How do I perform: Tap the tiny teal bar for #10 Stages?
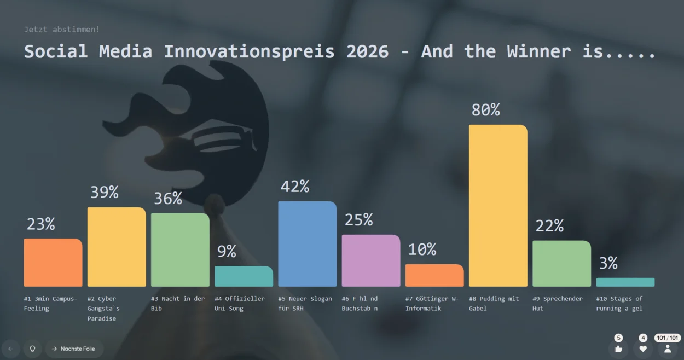(x=625, y=282)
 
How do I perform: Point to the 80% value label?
(x=485, y=110)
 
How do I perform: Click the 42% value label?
(x=295, y=187)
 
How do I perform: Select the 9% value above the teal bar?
(x=227, y=252)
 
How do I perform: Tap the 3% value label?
(x=608, y=263)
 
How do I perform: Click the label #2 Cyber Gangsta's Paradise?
(x=103, y=309)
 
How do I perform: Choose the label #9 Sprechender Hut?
(x=557, y=304)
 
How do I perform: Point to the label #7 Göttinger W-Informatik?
(x=432, y=304)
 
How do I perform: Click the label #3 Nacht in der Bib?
(x=178, y=304)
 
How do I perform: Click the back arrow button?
(x=11, y=349)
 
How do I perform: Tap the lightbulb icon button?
(x=32, y=349)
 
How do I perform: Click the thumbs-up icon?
(x=618, y=349)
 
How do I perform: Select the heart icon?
(x=643, y=349)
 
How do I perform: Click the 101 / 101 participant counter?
(x=667, y=338)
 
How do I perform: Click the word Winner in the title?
(x=539, y=51)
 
